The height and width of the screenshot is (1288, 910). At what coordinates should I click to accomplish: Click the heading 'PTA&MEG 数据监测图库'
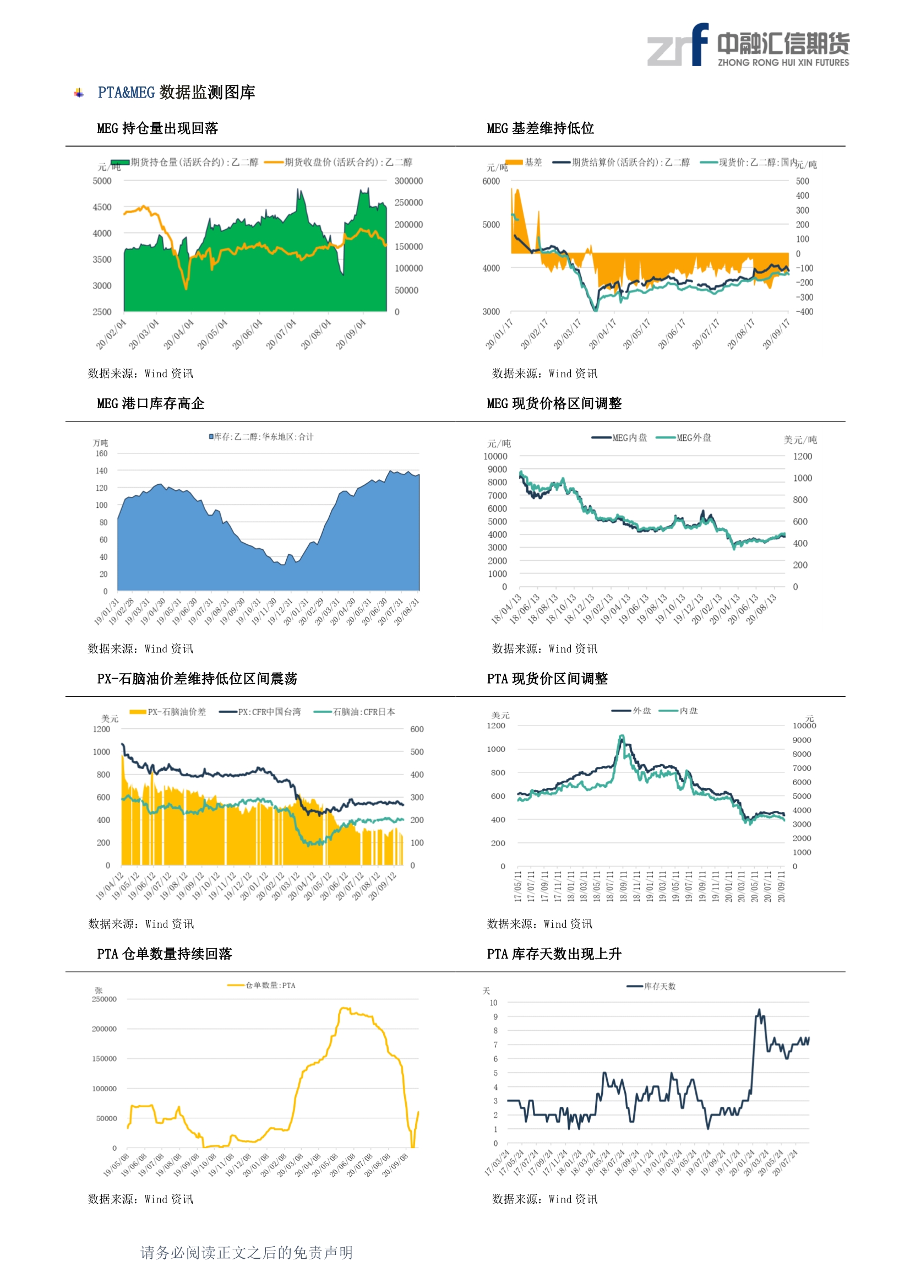pos(176,93)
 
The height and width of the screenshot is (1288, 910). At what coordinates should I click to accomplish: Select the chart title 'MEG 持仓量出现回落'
pos(157,128)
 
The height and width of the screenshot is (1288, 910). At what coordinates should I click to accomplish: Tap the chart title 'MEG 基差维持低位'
pos(540,128)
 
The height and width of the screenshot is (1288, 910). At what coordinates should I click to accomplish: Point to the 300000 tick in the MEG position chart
pos(408,181)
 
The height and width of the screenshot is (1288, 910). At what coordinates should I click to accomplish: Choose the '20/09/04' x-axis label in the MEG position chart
pos(351,334)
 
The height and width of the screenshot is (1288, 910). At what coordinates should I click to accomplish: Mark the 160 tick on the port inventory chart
pos(101,453)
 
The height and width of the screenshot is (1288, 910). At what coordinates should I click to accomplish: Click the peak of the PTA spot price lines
pos(621,736)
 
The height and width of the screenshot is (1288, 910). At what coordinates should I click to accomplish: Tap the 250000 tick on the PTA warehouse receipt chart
pos(104,999)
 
